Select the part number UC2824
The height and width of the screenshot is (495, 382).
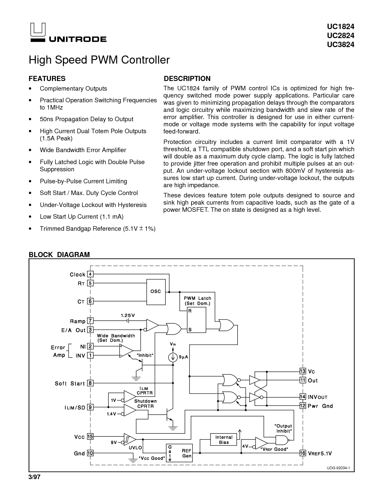[x=341, y=36]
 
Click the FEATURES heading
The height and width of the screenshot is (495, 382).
[x=47, y=79]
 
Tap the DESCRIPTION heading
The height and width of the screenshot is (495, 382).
[x=187, y=79]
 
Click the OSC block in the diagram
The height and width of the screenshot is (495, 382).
[x=156, y=292]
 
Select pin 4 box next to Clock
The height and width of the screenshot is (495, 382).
[x=90, y=274]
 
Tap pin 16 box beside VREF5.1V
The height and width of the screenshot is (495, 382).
[x=303, y=453]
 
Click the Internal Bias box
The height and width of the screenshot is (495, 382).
[x=224, y=439]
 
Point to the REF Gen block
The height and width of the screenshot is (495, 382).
[x=179, y=453]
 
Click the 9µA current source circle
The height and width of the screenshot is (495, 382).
[x=173, y=357]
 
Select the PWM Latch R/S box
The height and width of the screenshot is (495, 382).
[x=197, y=320]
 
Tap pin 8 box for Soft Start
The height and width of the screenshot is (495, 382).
[x=90, y=383]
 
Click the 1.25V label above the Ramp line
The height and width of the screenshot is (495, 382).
[x=128, y=315]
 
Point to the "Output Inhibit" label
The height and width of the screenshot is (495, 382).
[x=283, y=428]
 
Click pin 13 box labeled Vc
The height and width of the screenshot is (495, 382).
[x=303, y=371]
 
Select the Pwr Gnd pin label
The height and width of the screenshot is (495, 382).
[x=320, y=406]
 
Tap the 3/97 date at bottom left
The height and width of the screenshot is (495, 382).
[x=34, y=477]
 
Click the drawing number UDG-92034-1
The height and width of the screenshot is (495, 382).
[x=338, y=468]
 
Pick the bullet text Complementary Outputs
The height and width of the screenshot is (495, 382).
[x=73, y=88]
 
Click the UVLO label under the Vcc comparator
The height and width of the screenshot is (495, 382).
[x=135, y=448]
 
